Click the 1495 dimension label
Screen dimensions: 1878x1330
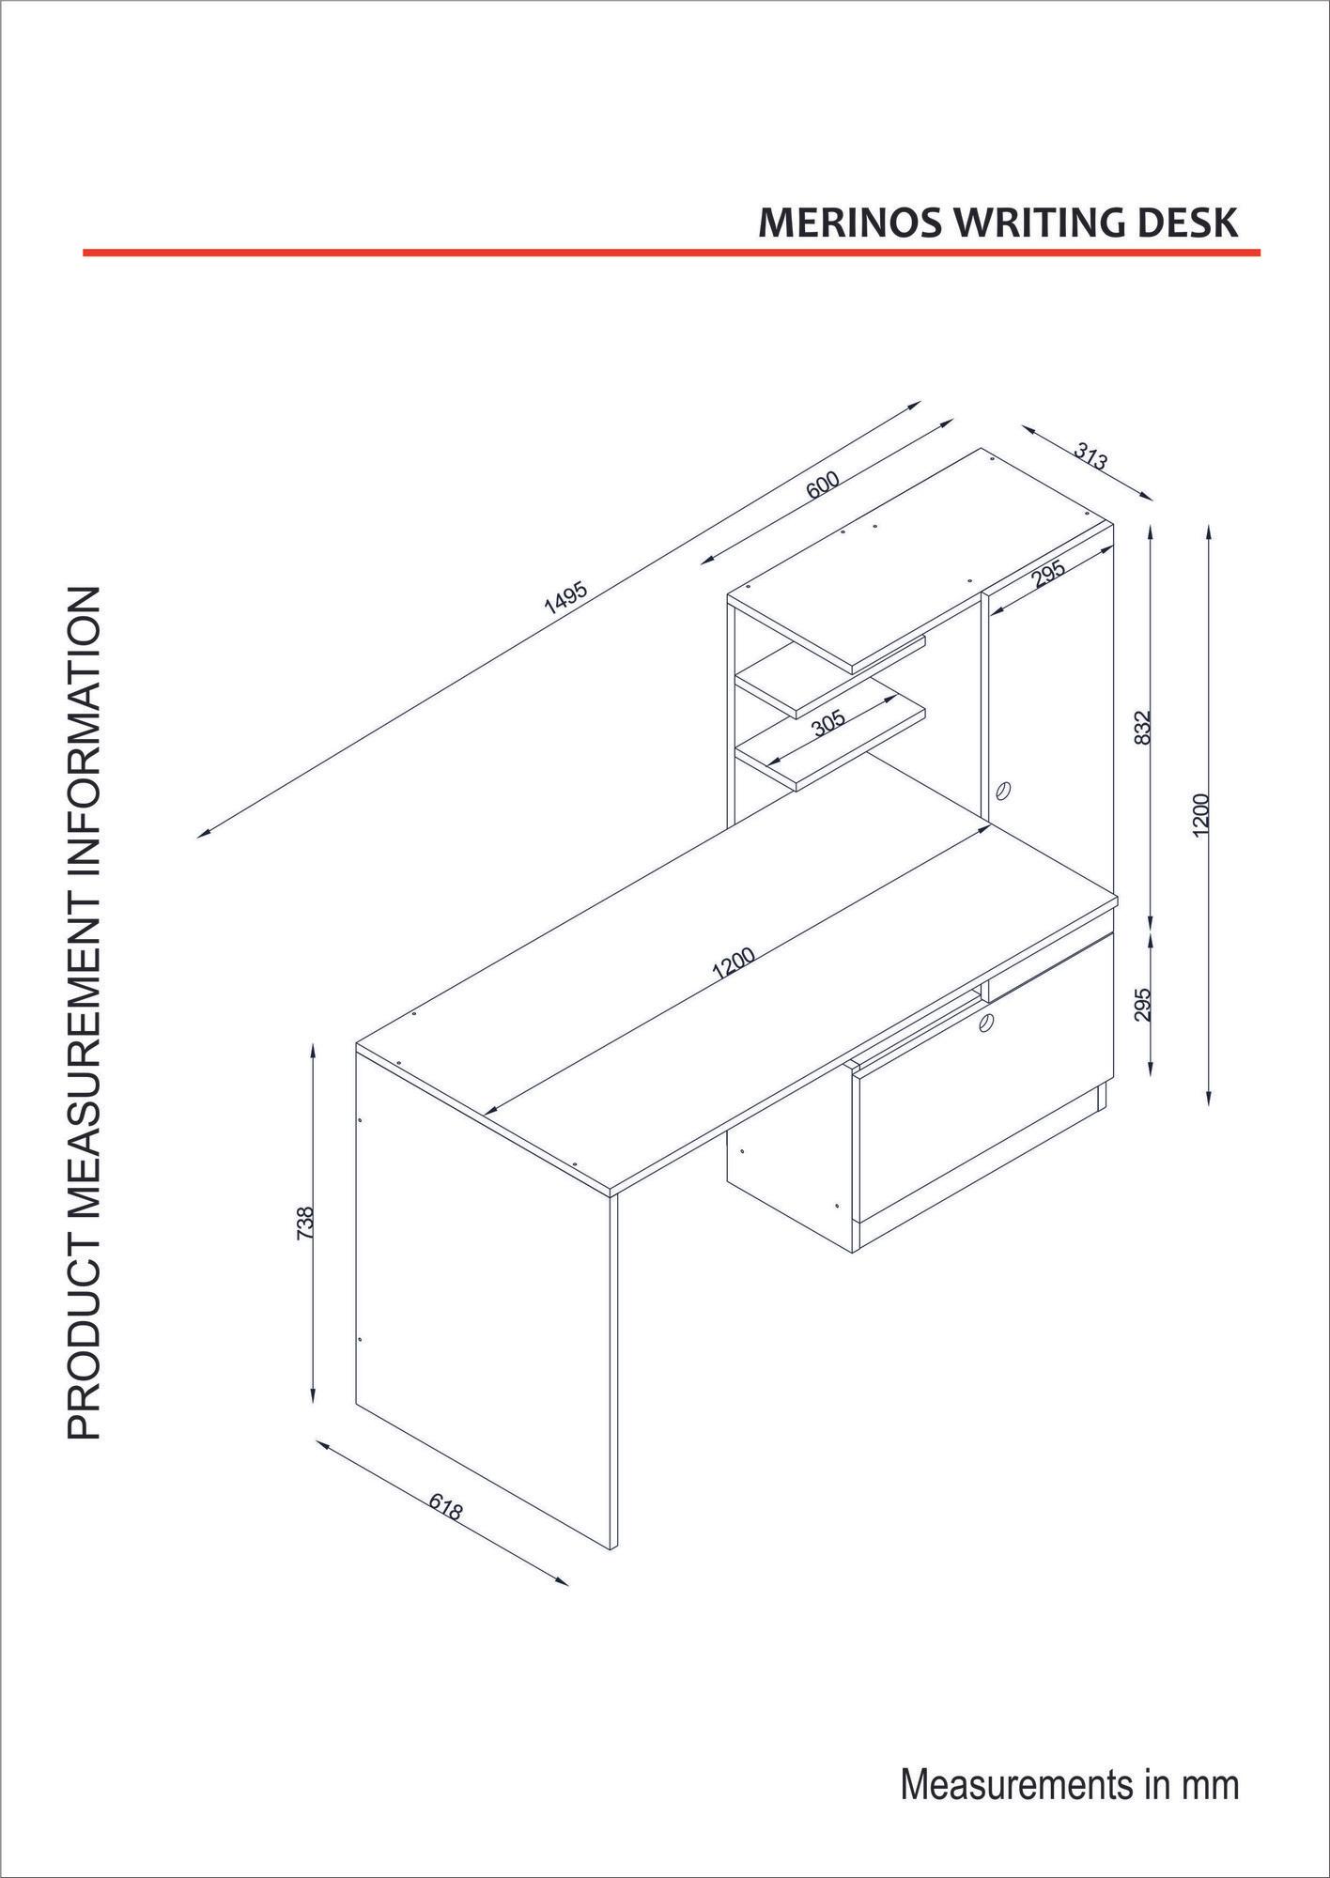(565, 598)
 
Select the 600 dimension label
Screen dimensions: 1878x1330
(822, 485)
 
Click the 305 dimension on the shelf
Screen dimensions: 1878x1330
(828, 722)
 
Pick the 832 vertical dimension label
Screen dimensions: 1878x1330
(1142, 727)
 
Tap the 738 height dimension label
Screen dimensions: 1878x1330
(304, 1223)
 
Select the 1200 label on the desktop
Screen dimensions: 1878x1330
(734, 964)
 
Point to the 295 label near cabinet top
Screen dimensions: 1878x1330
(1048, 574)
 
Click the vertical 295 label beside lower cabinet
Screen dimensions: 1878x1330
(1142, 1004)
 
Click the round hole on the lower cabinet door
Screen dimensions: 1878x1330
(985, 1023)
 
